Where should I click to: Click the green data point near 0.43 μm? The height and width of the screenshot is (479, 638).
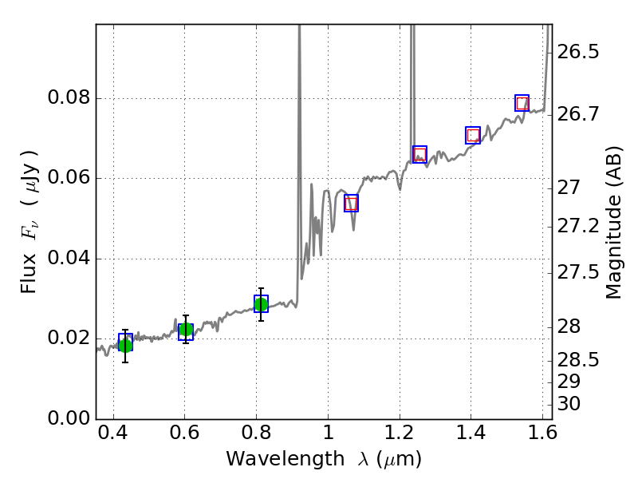pos(125,344)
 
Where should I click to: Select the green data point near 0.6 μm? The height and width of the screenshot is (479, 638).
pos(186,330)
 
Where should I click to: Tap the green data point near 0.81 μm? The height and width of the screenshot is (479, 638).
pos(261,304)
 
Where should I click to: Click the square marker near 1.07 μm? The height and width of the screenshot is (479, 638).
pos(351,203)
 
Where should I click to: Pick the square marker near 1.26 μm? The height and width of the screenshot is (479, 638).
pos(419,154)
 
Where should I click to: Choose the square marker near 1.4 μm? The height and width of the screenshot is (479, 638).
pos(473,135)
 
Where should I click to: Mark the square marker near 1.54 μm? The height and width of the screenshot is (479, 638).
pos(522,103)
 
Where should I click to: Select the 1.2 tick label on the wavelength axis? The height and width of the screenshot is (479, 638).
pos(400,437)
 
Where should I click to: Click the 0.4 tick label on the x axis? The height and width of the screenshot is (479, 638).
pos(113,437)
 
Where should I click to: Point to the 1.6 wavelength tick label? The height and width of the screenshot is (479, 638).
pos(542,437)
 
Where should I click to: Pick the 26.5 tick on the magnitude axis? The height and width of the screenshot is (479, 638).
pos(578,53)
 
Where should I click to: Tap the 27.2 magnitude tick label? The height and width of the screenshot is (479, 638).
pos(578,227)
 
